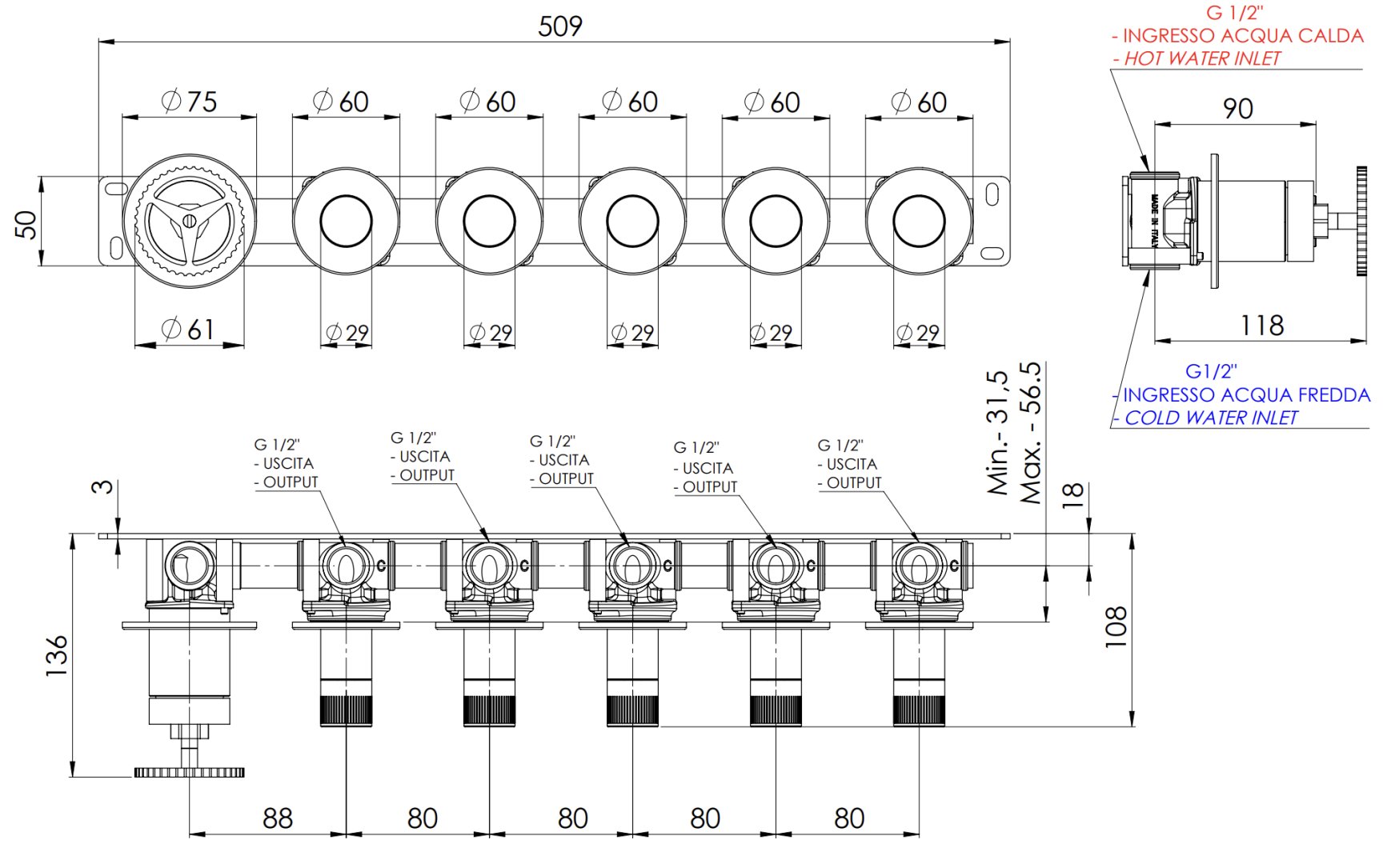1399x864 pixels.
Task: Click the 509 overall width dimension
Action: (560, 26)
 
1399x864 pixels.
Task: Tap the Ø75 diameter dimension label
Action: (190, 102)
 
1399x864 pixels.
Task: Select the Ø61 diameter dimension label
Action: (188, 329)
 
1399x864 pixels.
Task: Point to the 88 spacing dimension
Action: (278, 818)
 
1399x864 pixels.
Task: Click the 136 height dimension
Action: (57, 656)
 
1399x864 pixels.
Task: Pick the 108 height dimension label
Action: (1115, 626)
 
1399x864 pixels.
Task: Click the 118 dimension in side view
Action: (1262, 326)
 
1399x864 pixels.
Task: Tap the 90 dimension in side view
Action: (1237, 109)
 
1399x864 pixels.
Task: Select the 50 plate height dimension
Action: (26, 224)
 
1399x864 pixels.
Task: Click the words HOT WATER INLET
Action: (1202, 58)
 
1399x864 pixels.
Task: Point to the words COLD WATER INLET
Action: (1211, 418)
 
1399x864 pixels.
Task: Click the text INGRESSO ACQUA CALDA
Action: (1243, 36)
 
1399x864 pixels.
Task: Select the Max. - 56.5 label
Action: (1031, 433)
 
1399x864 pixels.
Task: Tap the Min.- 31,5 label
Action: (997, 433)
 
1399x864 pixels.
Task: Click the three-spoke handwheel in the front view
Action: (189, 216)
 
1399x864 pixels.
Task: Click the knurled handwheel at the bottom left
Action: (189, 772)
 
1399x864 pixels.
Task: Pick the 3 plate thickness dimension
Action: (102, 486)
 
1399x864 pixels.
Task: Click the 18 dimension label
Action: (1072, 495)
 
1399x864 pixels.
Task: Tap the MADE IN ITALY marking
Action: (1154, 221)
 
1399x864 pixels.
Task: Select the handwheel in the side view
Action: (1361, 221)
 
